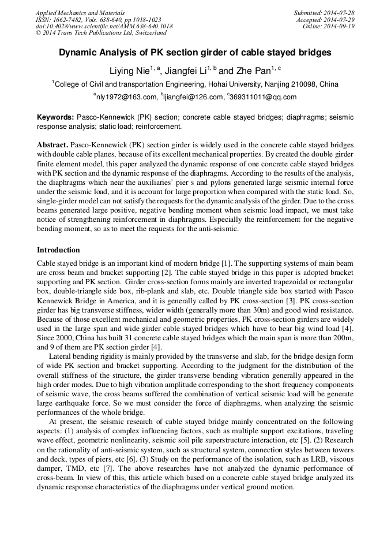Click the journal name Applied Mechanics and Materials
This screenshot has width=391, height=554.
(x=80, y=12)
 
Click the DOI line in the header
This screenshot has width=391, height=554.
(x=104, y=26)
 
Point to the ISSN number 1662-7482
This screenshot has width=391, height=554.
(x=68, y=19)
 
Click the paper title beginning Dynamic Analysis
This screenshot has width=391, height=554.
(x=195, y=53)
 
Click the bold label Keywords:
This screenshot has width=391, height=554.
(x=55, y=117)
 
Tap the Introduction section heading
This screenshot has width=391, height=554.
(x=58, y=250)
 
